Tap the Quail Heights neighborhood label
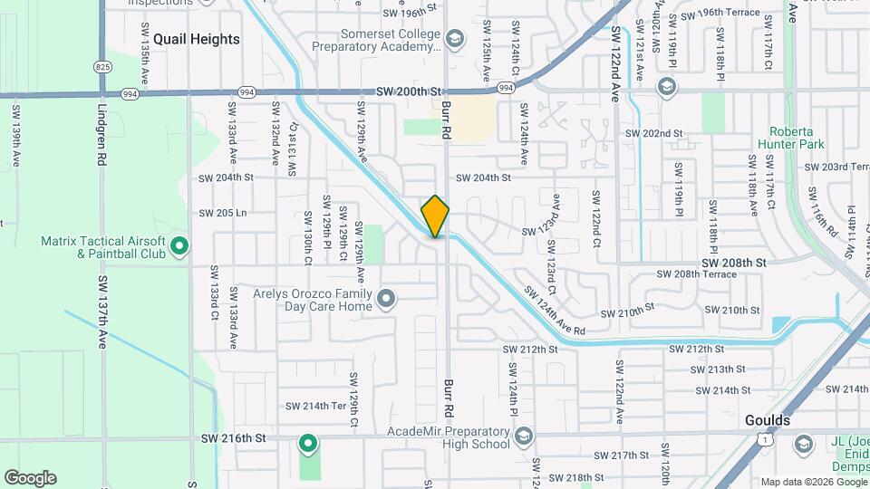pyautogui.click(x=197, y=39)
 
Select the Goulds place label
pyautogui.click(x=767, y=421)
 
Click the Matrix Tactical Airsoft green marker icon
pyautogui.click(x=179, y=244)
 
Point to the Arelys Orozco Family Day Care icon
pyautogui.click(x=387, y=299)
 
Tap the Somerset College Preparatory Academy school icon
pyautogui.click(x=454, y=38)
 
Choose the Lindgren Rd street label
pyautogui.click(x=100, y=136)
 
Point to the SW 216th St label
pyautogui.click(x=233, y=438)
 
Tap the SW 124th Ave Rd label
pyautogui.click(x=556, y=311)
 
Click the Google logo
pyautogui.click(x=30, y=478)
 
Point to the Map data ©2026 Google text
pyautogui.click(x=813, y=482)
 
